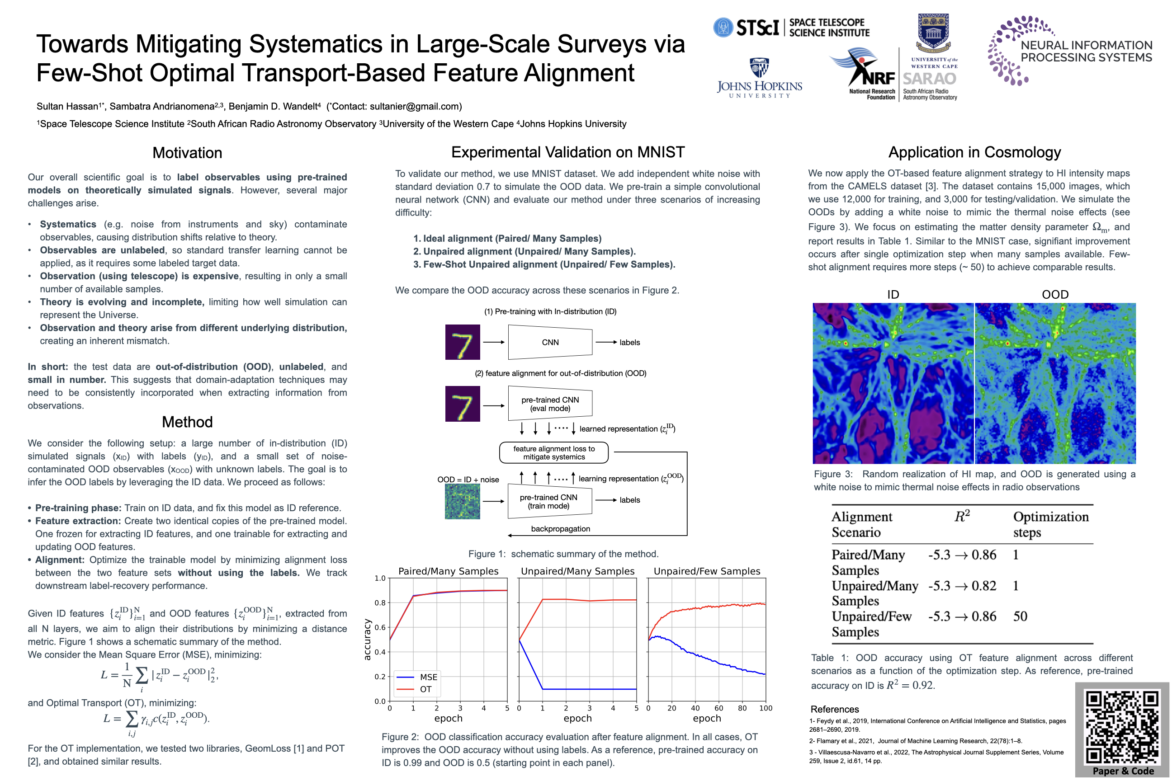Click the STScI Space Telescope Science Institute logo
tap(791, 28)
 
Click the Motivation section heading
tap(187, 153)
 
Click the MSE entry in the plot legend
tap(428, 677)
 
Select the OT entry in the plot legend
tap(425, 689)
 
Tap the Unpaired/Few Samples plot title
tap(707, 571)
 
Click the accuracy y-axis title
tap(367, 640)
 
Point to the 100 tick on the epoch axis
tap(766, 708)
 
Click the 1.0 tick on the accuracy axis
tap(380, 578)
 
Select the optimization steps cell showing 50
tap(1020, 616)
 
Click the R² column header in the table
tap(962, 517)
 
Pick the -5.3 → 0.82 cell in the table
tap(962, 586)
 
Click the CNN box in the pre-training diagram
tap(550, 342)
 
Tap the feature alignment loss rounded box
tap(553, 453)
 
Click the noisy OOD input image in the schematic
tap(463, 502)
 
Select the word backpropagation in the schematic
tap(560, 529)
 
